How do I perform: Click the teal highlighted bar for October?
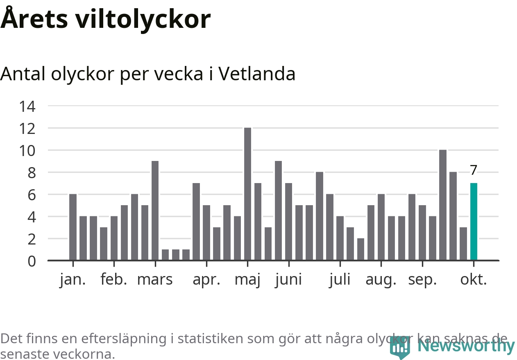474,222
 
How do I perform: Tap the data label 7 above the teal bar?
474,170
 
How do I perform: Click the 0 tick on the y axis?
32,261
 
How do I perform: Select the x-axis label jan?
73,280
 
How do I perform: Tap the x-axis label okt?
474,280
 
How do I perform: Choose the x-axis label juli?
340,280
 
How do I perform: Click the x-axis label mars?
155,280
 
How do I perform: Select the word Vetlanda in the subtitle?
257,74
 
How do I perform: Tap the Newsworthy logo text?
466,346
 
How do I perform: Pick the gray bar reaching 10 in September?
443,205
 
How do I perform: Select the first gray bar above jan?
73,227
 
